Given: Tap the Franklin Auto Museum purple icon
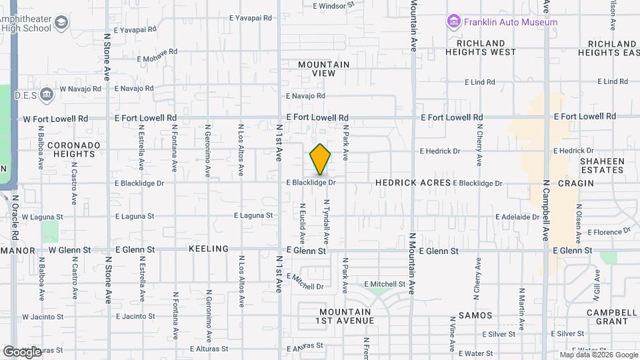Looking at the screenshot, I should pyautogui.click(x=454, y=22).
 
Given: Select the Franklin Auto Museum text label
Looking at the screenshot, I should pyautogui.click(x=510, y=22).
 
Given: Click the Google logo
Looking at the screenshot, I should pyautogui.click(x=22, y=351).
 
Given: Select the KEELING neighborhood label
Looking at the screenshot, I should pyautogui.click(x=209, y=249).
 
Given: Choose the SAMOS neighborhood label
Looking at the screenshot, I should pyautogui.click(x=475, y=315).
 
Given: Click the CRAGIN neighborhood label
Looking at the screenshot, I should pyautogui.click(x=576, y=183).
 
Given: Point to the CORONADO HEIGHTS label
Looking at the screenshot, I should pyautogui.click(x=73, y=149).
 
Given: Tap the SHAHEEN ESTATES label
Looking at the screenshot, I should pyautogui.click(x=601, y=165).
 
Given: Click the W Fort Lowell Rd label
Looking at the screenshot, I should pyautogui.click(x=55, y=119).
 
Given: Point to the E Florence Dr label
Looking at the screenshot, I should pyautogui.click(x=609, y=232).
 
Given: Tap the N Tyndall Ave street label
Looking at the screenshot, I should pyautogui.click(x=327, y=221).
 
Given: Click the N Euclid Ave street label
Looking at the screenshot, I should pyautogui.click(x=303, y=223).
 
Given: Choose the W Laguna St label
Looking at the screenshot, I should pyautogui.click(x=42, y=217).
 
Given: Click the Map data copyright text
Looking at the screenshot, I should pyautogui.click(x=598, y=355).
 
